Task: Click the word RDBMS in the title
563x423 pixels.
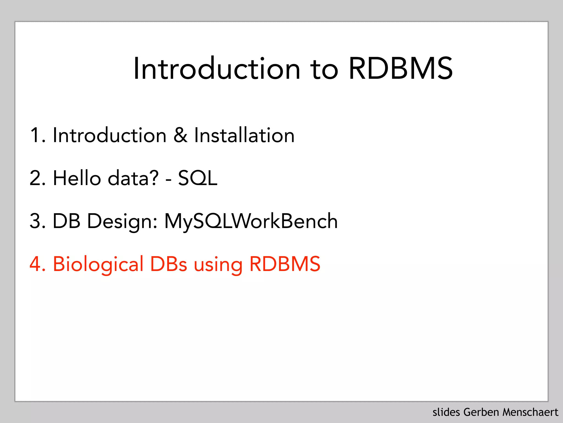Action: coord(401,69)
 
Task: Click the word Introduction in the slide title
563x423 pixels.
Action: coord(217,69)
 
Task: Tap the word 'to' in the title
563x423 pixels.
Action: coord(324,69)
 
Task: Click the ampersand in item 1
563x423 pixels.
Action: coord(181,135)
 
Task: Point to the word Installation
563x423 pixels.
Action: coord(244,135)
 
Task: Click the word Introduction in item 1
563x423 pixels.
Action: coord(109,135)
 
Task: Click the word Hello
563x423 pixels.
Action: coord(77,178)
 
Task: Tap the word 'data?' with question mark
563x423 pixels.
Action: coord(133,178)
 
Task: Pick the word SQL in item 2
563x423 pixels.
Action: coord(198,178)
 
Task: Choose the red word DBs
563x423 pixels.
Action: coord(169,264)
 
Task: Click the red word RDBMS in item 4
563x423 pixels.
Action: coord(285,264)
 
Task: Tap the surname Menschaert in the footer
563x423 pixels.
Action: coord(530,412)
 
